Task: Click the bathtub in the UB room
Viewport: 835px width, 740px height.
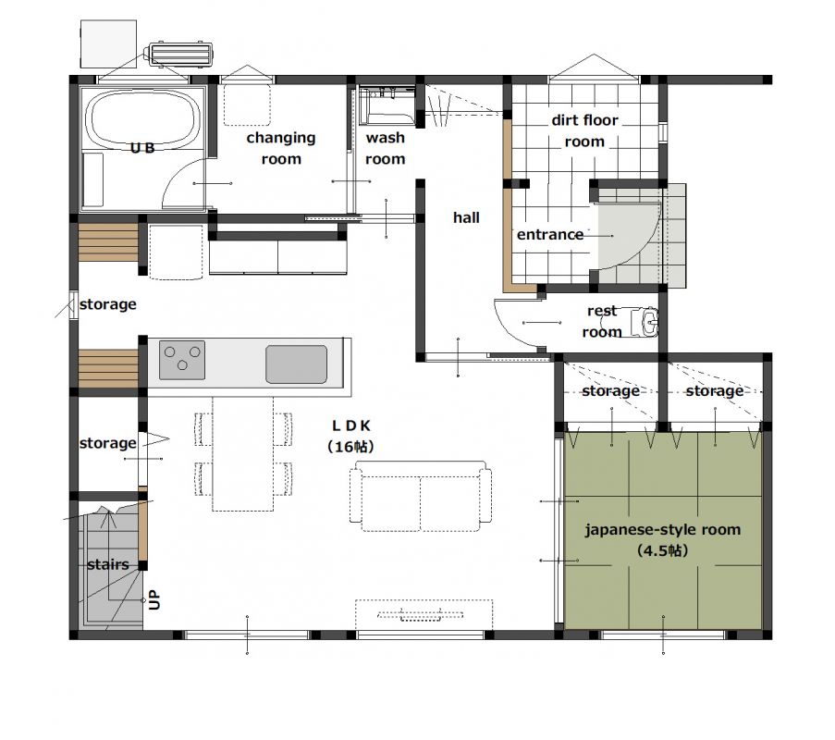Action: click(142, 118)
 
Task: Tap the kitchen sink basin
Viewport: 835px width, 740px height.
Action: click(296, 364)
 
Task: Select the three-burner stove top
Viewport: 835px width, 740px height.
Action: click(182, 360)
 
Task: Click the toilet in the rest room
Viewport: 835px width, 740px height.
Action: click(645, 322)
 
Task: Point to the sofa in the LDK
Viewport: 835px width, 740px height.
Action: click(421, 496)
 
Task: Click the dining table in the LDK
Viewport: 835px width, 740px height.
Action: click(243, 453)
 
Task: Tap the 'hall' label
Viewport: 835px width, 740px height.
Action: click(466, 217)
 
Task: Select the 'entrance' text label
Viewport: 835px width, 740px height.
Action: click(550, 234)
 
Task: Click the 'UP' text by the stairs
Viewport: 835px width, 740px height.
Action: click(153, 599)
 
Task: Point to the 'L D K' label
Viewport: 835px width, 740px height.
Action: click(351, 425)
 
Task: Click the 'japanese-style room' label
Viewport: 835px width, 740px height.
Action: click(663, 529)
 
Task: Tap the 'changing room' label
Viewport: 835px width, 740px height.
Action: click(281, 148)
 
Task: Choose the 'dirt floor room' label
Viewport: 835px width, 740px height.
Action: click(584, 130)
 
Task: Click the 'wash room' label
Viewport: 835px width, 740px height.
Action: click(385, 148)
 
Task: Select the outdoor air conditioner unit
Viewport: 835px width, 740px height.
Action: click(181, 55)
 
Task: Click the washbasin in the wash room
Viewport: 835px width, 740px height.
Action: click(387, 105)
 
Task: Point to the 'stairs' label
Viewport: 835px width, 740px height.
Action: click(108, 564)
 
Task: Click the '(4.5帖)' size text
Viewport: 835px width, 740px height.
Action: click(663, 550)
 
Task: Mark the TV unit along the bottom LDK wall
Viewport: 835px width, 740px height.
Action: click(424, 615)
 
